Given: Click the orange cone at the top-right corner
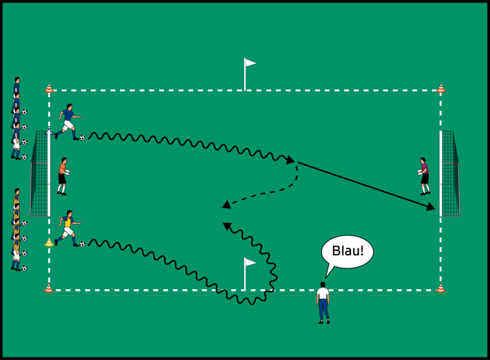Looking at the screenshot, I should click(x=441, y=89).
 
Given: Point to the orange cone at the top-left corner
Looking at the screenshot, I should click(x=49, y=89).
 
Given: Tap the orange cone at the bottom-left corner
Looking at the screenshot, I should click(x=49, y=289).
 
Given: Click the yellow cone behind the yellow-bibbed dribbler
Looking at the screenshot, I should click(x=49, y=242).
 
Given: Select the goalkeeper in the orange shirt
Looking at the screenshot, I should click(x=62, y=176).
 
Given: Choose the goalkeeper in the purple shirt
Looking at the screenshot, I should click(x=425, y=176).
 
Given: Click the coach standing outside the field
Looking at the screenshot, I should click(x=323, y=303).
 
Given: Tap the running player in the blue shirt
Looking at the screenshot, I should click(x=68, y=122).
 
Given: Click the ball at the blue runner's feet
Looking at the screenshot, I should click(x=82, y=137).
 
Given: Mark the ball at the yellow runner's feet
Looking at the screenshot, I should click(x=82, y=244).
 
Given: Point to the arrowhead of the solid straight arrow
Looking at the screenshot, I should click(x=432, y=208).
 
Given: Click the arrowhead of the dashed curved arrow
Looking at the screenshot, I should click(x=227, y=205).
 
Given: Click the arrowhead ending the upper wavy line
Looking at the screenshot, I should click(x=291, y=160).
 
